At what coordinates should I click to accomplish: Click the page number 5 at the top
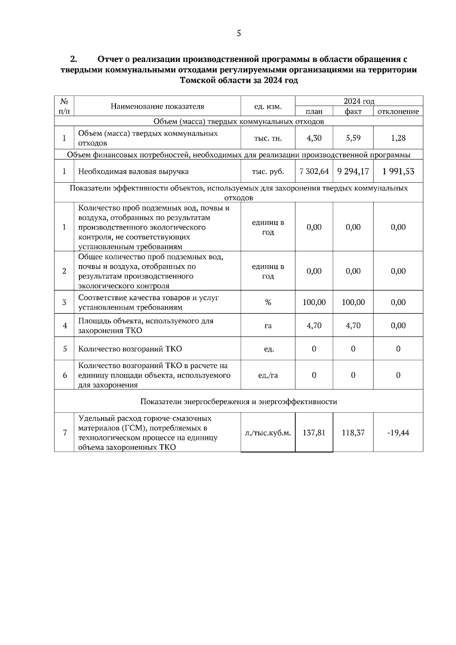[x=239, y=33]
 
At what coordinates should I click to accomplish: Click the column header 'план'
[x=314, y=111]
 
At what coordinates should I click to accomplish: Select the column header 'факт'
[x=353, y=111]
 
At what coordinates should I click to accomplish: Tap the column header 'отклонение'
[x=398, y=111]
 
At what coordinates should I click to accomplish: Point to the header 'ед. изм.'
[x=268, y=106]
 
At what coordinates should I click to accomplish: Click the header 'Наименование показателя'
[x=157, y=106]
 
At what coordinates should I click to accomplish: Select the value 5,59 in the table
[x=353, y=138]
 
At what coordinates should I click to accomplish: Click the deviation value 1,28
[x=398, y=138]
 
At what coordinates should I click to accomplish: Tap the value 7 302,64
[x=314, y=171]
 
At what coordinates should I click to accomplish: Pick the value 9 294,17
[x=353, y=171]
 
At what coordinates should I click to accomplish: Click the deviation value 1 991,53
[x=398, y=171]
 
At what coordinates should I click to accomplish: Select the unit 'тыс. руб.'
[x=268, y=171]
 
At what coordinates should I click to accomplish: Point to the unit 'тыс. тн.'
[x=268, y=138]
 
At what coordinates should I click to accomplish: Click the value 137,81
[x=314, y=433]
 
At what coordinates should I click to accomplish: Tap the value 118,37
[x=353, y=433]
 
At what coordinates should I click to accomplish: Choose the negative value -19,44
[x=398, y=433]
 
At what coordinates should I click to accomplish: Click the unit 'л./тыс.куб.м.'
[x=268, y=433]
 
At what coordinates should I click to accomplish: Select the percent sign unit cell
[x=268, y=302]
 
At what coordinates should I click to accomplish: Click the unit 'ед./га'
[x=268, y=375]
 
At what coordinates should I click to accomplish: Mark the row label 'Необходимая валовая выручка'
[x=133, y=171]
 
